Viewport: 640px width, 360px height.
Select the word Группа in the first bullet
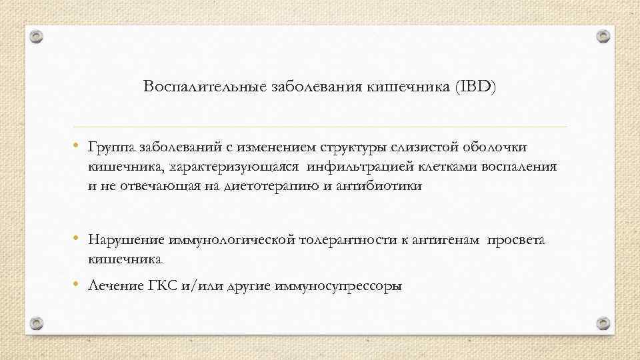click(x=112, y=146)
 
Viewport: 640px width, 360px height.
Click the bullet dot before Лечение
click(x=77, y=285)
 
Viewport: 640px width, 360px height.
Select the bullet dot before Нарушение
click(x=77, y=238)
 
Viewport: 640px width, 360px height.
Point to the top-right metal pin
click(x=603, y=35)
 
